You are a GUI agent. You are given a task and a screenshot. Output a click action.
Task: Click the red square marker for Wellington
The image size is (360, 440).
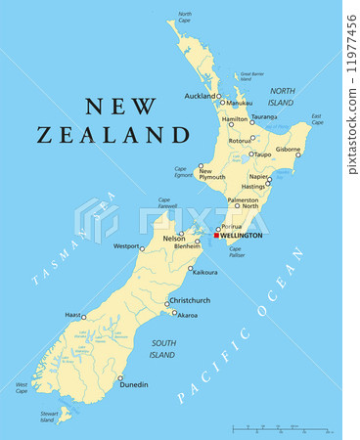click(x=216, y=236)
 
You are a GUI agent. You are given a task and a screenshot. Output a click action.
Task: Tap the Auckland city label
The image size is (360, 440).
click(x=200, y=97)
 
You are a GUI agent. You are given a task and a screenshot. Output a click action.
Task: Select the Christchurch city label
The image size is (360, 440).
click(x=190, y=300)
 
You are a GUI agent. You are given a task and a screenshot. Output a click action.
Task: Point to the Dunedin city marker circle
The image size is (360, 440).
click(x=120, y=378)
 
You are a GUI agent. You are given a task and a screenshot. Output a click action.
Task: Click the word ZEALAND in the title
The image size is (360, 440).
click(x=113, y=136)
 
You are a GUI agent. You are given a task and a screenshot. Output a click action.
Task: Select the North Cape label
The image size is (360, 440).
click(x=185, y=17)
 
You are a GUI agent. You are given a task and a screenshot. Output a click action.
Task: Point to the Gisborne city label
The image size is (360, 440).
click(x=288, y=150)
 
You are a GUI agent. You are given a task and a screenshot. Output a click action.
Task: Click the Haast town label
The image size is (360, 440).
click(x=71, y=315)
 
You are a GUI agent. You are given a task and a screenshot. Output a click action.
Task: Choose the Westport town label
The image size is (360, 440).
click(x=126, y=246)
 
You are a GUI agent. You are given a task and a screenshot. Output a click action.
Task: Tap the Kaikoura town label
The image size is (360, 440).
click(x=205, y=272)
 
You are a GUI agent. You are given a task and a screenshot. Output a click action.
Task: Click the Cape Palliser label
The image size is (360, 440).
click(x=236, y=251)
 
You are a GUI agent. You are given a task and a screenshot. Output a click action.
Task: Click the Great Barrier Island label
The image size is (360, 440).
click(x=252, y=76)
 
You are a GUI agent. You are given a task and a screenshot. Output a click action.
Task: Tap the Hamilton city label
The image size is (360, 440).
click(x=235, y=119)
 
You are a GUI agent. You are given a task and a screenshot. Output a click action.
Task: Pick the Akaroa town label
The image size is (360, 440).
click(x=188, y=316)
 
